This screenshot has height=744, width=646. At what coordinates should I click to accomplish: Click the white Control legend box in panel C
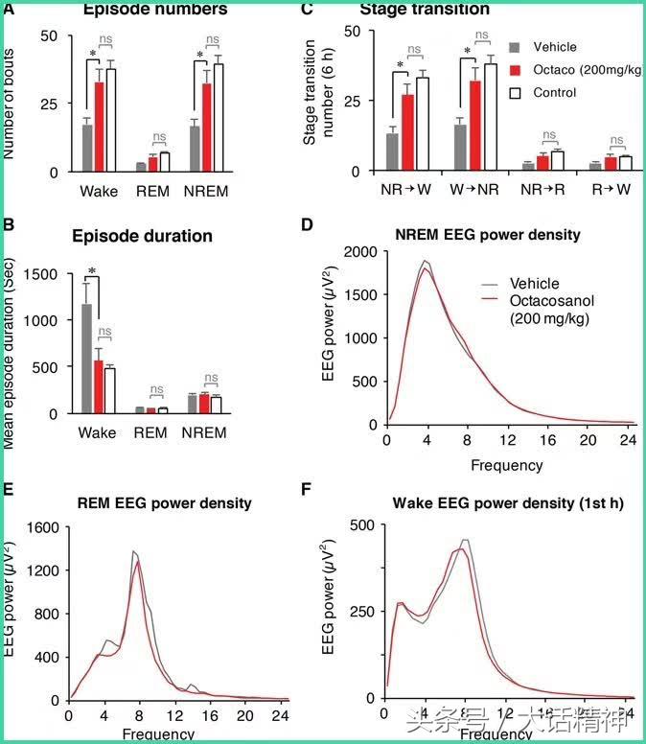515,93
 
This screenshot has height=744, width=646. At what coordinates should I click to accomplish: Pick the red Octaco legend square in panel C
515,70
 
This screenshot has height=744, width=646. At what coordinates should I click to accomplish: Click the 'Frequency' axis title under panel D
506,466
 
